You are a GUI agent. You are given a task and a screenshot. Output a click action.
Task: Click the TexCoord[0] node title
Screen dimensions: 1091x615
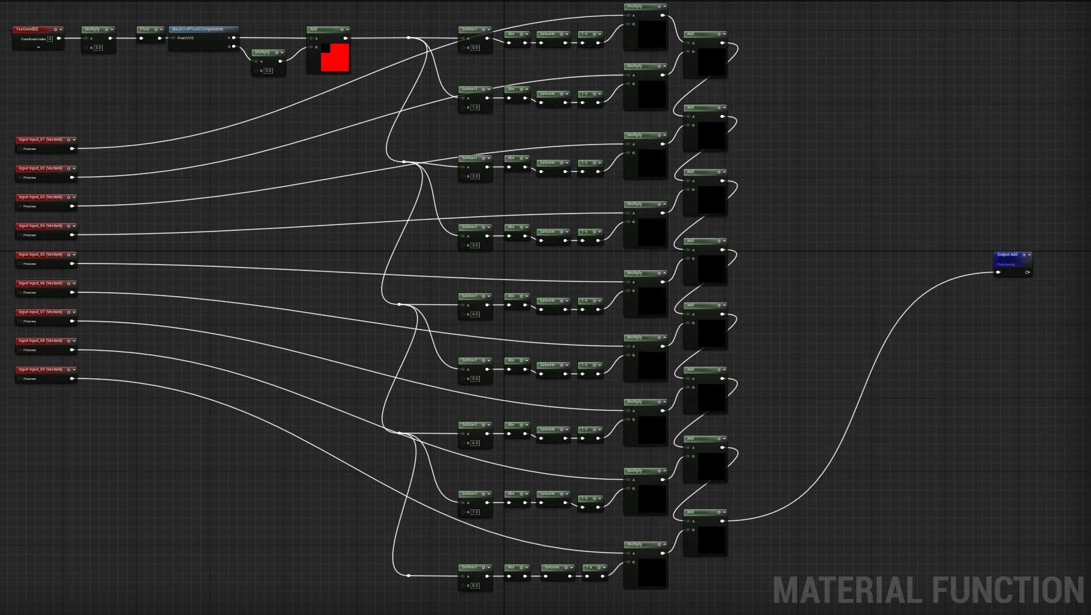[x=28, y=29]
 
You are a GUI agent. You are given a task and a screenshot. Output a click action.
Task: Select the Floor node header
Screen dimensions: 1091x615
[x=145, y=29]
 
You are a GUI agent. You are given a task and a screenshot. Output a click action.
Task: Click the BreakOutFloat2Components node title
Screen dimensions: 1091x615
[x=198, y=29]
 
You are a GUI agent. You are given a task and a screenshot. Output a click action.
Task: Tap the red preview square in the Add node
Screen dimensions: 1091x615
[x=335, y=57]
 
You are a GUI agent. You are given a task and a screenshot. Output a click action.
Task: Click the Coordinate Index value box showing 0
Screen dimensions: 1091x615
[x=50, y=39]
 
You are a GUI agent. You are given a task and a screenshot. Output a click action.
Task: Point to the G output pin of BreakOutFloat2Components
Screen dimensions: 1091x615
[x=234, y=47]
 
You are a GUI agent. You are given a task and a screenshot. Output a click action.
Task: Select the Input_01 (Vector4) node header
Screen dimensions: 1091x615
[x=40, y=140]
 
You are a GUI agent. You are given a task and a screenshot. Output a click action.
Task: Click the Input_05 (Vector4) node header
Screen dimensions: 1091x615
[x=40, y=255]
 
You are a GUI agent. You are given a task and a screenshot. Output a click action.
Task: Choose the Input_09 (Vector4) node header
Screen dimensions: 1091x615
[x=40, y=370]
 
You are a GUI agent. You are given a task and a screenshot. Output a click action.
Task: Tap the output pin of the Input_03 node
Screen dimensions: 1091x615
[x=72, y=206]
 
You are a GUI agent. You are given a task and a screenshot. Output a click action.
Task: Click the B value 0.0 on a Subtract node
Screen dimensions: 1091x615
[x=475, y=48]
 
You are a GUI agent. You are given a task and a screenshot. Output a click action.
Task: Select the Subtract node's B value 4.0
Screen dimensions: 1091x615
[x=475, y=314]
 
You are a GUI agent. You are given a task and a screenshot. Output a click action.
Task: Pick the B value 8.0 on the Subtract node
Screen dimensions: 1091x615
[x=475, y=586]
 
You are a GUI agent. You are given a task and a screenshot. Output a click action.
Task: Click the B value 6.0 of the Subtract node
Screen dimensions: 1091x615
[x=475, y=443]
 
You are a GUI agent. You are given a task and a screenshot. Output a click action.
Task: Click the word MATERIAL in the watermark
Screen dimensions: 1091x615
[x=847, y=590]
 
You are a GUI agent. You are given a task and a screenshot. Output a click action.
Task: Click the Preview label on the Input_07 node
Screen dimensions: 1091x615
[x=30, y=321]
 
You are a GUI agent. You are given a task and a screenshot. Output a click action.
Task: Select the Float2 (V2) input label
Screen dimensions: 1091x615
[x=186, y=38]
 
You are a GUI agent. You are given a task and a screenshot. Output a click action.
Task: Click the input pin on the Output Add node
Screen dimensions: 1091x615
[x=999, y=272]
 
